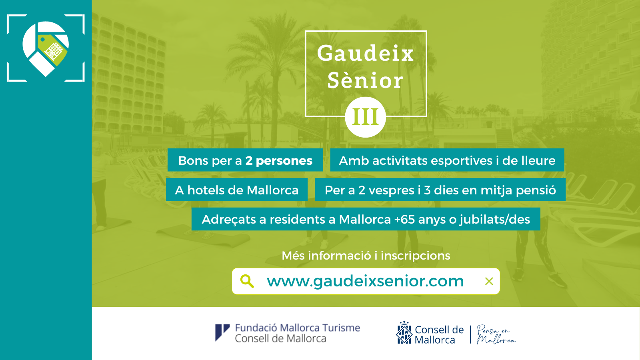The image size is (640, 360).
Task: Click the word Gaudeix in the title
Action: pos(366,54)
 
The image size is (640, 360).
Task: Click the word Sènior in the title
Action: pos(366,80)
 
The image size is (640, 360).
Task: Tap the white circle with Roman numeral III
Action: pos(366,117)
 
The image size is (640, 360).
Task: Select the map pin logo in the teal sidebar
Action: pos(46,48)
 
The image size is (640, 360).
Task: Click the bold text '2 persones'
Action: pos(278,160)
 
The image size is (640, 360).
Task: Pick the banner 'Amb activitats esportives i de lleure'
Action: pos(447,160)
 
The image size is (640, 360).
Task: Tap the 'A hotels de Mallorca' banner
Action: pos(237,190)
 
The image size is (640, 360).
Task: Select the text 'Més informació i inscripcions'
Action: pos(366,256)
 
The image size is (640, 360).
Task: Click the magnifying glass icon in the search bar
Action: pos(247,281)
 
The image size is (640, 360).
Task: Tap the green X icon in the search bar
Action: pos(489,282)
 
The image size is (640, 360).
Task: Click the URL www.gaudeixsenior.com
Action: pos(365,282)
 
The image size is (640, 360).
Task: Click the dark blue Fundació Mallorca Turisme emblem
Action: pos(222,332)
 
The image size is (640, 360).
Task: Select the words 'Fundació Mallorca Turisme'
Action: pos(298,328)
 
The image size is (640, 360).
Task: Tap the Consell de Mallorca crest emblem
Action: pos(404,332)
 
